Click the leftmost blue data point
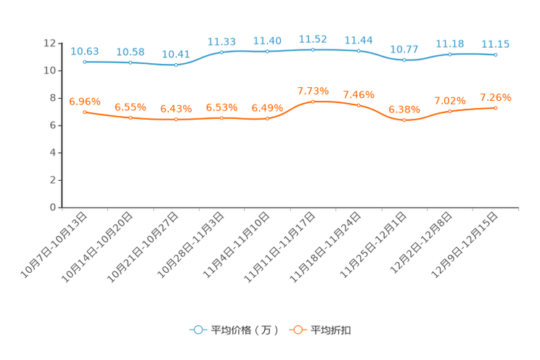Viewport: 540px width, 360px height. (x=85, y=62)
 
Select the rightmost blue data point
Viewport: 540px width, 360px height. (x=495, y=54)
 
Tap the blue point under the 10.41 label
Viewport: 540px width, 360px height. (x=176, y=65)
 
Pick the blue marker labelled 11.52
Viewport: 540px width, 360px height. (x=313, y=49)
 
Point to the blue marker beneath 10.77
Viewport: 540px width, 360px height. (x=404, y=60)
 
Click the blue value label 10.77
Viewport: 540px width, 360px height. (x=404, y=49)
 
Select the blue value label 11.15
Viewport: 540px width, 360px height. (x=495, y=44)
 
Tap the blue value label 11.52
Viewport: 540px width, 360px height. (x=313, y=38)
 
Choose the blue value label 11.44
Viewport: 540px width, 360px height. (x=359, y=40)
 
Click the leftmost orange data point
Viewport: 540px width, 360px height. (x=85, y=112)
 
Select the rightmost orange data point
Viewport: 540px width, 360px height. (x=495, y=107)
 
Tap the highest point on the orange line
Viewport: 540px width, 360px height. (x=313, y=102)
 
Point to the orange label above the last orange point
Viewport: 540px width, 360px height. (x=495, y=97)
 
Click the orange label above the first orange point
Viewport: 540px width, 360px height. (x=85, y=102)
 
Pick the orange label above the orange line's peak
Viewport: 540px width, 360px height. (x=313, y=91)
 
